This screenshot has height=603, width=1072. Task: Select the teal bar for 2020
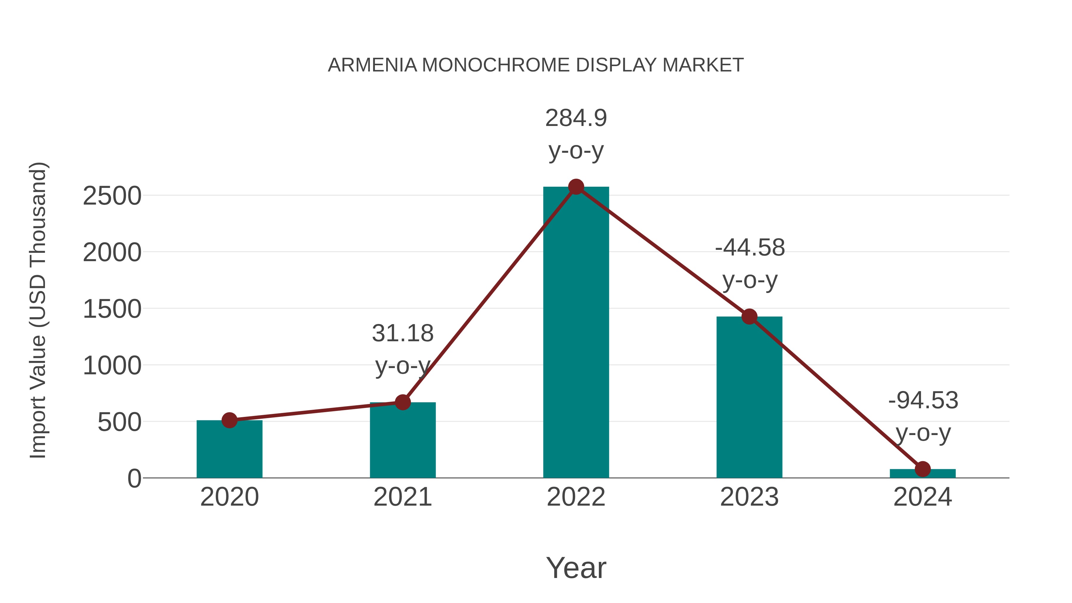point(229,451)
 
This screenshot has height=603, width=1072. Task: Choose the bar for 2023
point(749,400)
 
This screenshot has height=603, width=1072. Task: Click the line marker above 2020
point(229,420)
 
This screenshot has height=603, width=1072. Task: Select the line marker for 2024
point(923,469)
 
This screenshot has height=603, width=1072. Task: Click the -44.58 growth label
point(750,248)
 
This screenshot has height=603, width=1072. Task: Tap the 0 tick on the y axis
point(134,479)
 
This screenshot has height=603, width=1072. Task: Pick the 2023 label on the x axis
point(749,497)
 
